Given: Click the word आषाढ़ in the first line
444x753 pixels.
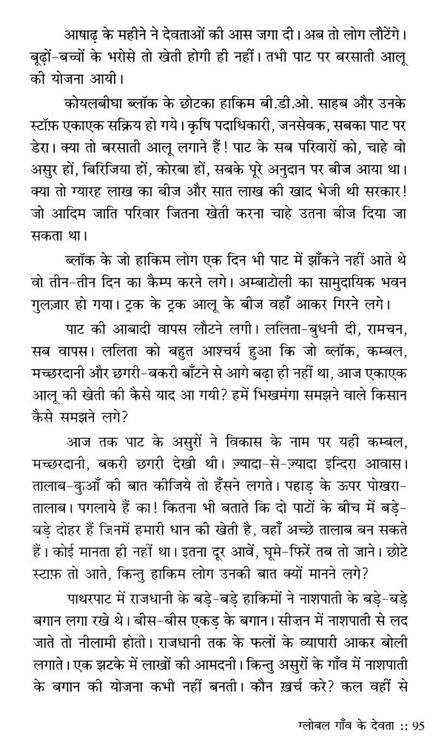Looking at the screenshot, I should [79, 35].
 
